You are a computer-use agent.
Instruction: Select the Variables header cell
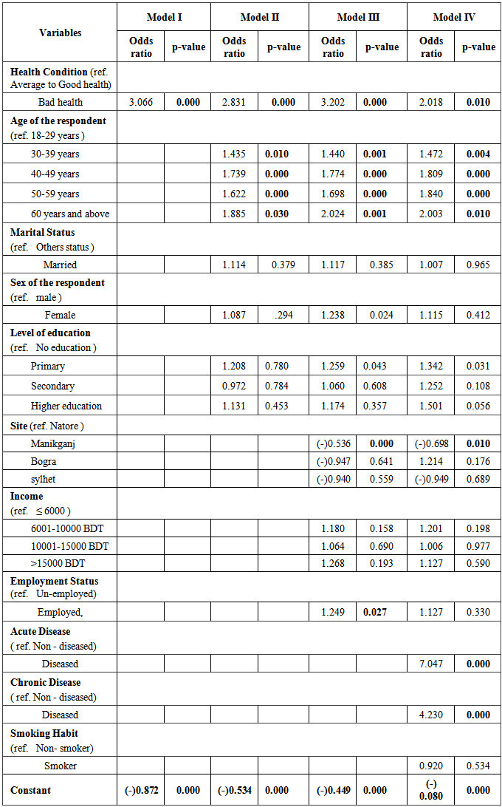pos(61,33)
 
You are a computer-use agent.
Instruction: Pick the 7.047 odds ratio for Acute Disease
pos(430,664)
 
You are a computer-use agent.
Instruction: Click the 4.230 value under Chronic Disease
pos(430,715)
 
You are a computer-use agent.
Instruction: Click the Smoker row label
pos(60,766)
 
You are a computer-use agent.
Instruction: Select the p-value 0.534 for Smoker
pos(478,766)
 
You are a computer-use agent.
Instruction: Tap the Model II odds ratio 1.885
pos(234,214)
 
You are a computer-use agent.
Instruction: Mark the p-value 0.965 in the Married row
pos(478,265)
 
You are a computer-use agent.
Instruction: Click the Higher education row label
pos(66,406)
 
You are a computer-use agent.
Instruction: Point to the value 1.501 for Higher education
pos(430,406)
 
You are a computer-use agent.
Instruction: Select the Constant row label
pos(30,790)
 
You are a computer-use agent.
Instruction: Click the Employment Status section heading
pos(54,581)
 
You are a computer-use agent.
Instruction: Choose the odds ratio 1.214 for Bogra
pos(430,461)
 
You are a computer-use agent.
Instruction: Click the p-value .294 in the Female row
pos(283,315)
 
